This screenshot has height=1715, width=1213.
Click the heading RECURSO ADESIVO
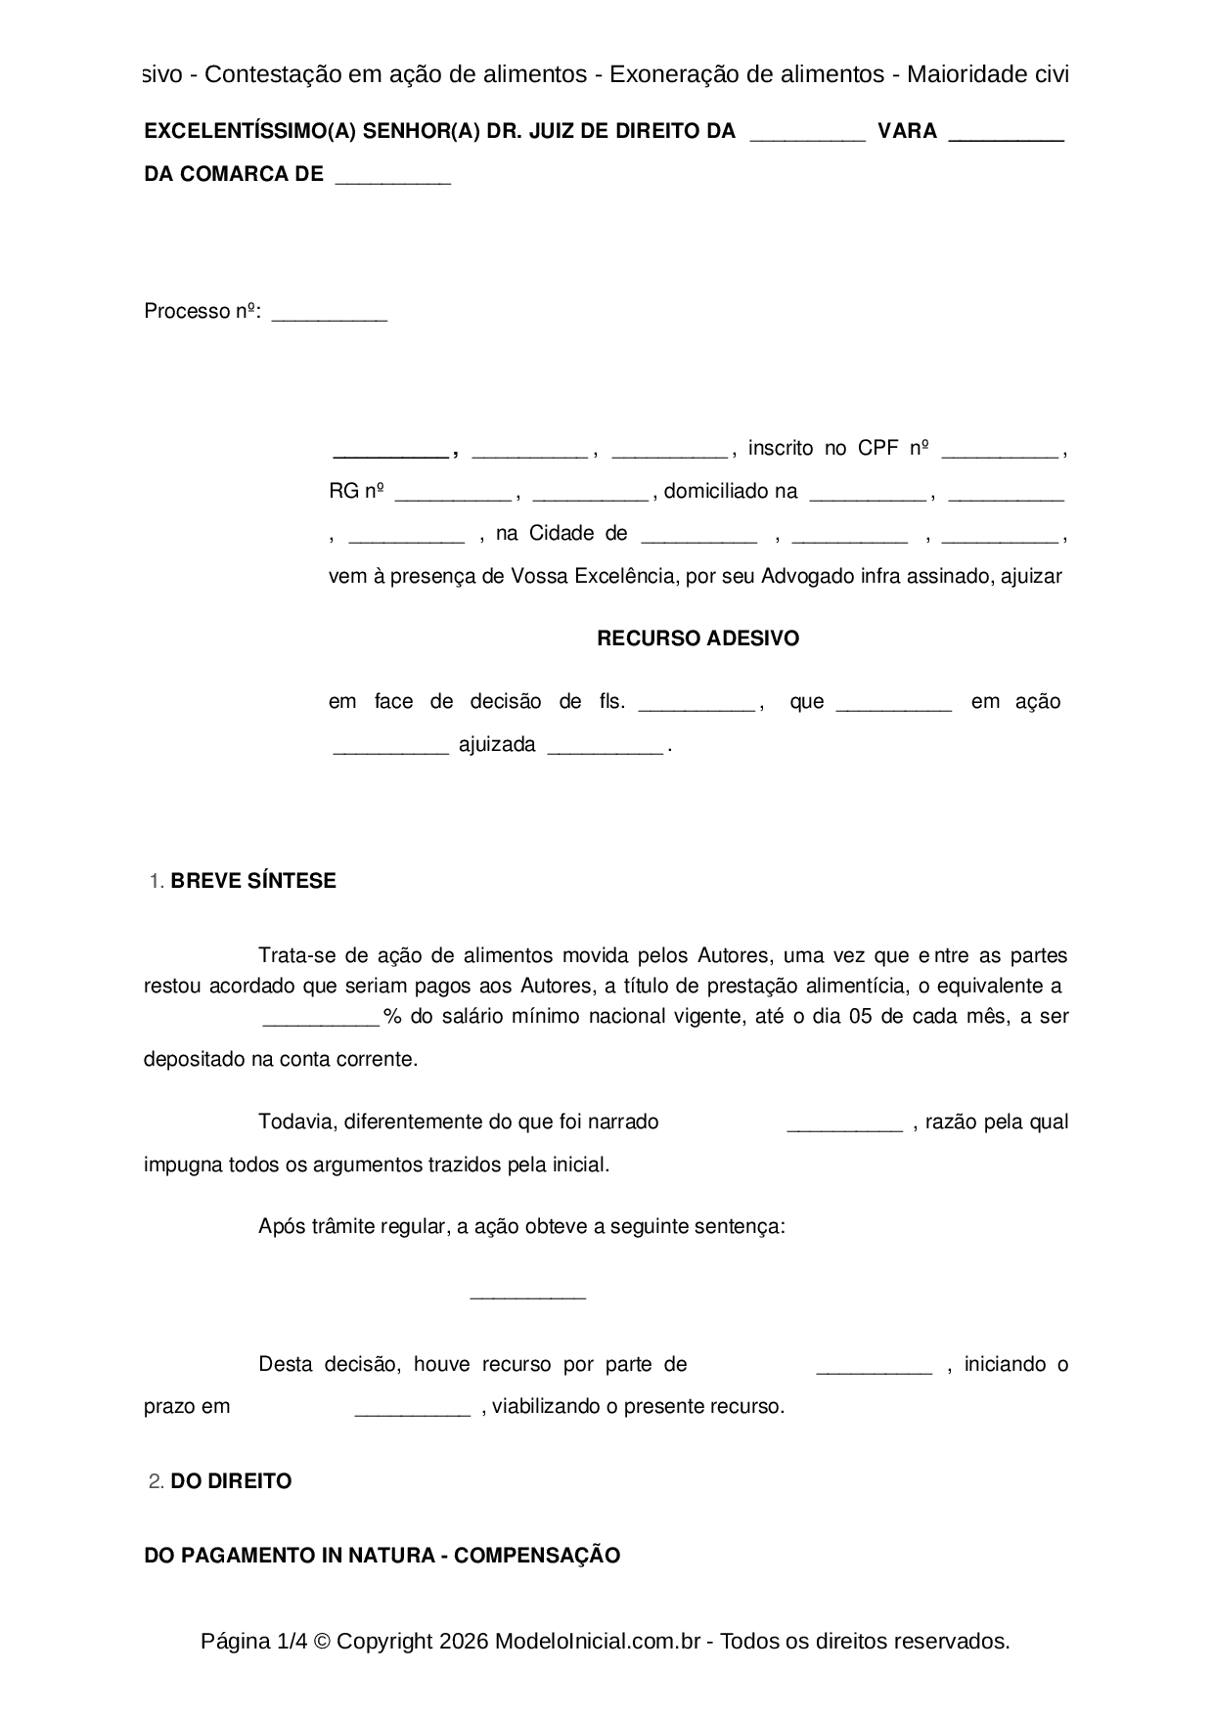pos(697,638)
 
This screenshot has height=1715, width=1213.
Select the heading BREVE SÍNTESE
pos(252,881)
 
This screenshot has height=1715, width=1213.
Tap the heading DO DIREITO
pos(231,1481)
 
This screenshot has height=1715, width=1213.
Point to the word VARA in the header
pos(907,131)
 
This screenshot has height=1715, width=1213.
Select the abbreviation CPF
pos(877,448)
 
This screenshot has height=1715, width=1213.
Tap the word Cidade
pos(562,533)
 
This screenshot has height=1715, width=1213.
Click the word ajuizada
pos(497,744)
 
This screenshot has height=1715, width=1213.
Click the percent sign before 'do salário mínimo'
pos(392,1016)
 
